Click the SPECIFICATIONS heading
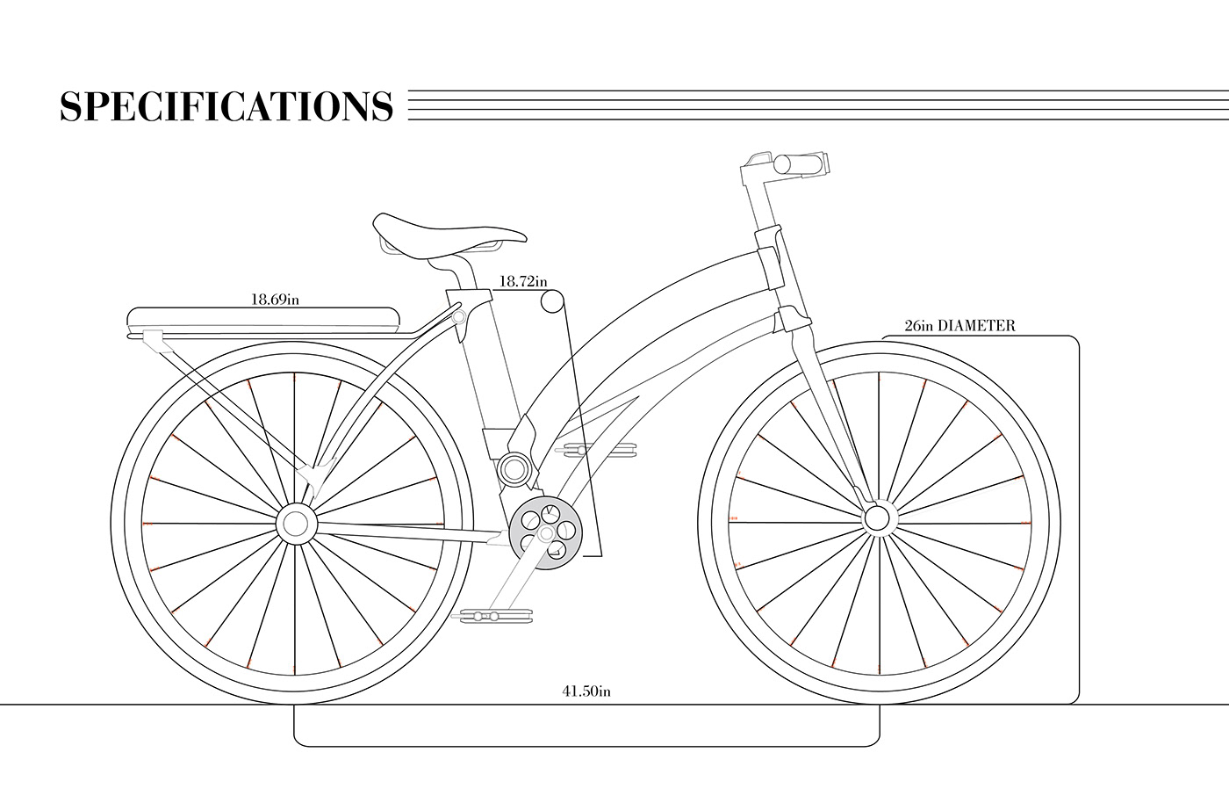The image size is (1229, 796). click(226, 106)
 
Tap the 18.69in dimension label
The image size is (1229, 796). click(275, 299)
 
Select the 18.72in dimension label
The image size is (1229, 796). click(522, 282)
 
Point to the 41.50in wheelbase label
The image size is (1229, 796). click(586, 691)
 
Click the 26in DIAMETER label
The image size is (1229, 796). click(959, 326)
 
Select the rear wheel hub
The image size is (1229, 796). click(296, 524)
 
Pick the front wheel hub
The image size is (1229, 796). click(876, 518)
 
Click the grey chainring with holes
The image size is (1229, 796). click(546, 532)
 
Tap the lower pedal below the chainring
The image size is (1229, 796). click(493, 616)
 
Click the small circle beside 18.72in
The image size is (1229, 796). click(551, 302)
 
